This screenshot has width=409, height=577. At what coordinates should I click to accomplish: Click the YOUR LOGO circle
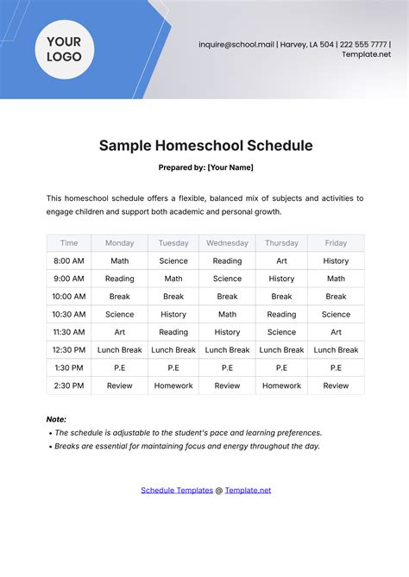(x=64, y=49)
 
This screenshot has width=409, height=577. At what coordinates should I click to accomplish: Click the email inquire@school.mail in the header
(x=236, y=44)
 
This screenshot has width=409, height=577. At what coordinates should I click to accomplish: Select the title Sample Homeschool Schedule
(x=204, y=146)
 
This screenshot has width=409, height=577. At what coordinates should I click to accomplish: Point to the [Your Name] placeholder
(x=230, y=167)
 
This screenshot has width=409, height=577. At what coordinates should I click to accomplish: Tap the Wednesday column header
(x=227, y=243)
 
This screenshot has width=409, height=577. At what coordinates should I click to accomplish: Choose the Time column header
(x=69, y=243)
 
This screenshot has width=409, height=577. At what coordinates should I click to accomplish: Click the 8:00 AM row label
(x=69, y=260)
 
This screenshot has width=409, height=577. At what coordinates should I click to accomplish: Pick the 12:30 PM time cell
(x=69, y=350)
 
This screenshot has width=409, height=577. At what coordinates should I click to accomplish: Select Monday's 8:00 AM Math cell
(x=120, y=260)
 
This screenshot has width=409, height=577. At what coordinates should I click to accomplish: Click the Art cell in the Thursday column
(x=281, y=260)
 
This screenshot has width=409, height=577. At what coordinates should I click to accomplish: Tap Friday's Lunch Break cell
(x=336, y=350)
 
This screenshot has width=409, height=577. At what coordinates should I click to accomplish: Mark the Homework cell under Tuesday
(x=173, y=386)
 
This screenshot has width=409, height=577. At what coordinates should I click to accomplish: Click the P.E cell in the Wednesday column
(x=227, y=368)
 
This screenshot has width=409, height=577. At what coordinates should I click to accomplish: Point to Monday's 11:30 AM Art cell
(x=120, y=332)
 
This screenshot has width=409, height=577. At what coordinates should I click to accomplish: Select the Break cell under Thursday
(x=281, y=297)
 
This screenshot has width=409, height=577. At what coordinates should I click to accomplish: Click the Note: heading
(x=56, y=419)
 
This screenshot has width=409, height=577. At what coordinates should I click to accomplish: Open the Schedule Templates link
(x=177, y=490)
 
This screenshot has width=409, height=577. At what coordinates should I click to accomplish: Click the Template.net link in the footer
(x=248, y=490)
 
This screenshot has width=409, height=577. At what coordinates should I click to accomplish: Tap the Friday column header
(x=336, y=243)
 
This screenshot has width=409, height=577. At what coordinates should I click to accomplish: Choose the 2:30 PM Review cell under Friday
(x=336, y=386)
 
